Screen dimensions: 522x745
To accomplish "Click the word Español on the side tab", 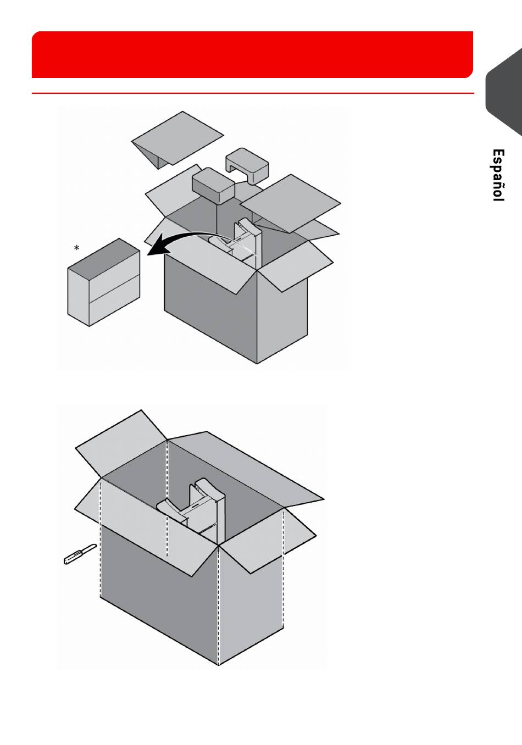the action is (x=498, y=175).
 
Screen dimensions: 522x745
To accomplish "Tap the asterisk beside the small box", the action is (x=76, y=248).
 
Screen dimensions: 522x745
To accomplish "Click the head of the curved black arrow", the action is (x=154, y=249).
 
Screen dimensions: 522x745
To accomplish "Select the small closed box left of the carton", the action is (x=103, y=282).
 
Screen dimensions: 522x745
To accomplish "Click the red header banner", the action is (x=252, y=54).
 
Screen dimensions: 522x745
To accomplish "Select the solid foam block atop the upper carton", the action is (x=213, y=187).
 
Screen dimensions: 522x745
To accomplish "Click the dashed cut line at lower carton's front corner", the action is (x=218, y=605).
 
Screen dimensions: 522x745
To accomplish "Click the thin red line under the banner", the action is (x=253, y=93).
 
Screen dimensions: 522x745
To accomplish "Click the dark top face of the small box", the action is (x=104, y=255).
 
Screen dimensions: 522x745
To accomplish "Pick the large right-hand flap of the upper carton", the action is (x=291, y=203).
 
